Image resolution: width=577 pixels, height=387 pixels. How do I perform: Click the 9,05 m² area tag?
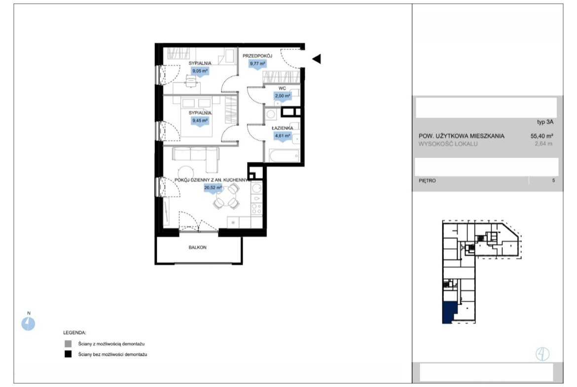pyautogui.click(x=200, y=71)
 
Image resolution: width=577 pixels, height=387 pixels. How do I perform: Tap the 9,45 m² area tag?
pyautogui.click(x=200, y=121)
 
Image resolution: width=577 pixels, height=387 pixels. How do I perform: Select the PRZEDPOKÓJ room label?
pyautogui.click(x=257, y=56)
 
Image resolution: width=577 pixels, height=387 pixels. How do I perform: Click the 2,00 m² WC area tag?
pyautogui.click(x=282, y=97)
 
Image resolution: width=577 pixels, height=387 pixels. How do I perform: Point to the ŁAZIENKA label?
pyautogui.click(x=283, y=128)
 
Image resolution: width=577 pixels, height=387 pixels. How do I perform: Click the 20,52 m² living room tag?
pyautogui.click(x=213, y=188)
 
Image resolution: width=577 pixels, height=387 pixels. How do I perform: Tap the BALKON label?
pyautogui.click(x=198, y=247)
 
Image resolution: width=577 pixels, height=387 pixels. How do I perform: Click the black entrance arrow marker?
pyautogui.click(x=317, y=59)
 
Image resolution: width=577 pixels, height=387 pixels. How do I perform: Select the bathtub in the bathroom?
pyautogui.click(x=284, y=156)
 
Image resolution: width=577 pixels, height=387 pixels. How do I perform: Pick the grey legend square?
pyautogui.click(x=68, y=344)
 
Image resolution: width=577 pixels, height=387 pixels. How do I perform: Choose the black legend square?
pyautogui.click(x=68, y=354)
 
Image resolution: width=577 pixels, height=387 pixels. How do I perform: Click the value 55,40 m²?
pyautogui.click(x=541, y=136)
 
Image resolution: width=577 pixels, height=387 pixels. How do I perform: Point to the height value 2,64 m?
pyautogui.click(x=543, y=144)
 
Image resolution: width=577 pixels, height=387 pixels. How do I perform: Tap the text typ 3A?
pyautogui.click(x=545, y=122)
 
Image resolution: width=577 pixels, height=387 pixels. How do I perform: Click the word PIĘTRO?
pyautogui.click(x=427, y=180)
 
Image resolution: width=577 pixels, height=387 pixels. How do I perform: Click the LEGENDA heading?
pyautogui.click(x=74, y=333)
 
